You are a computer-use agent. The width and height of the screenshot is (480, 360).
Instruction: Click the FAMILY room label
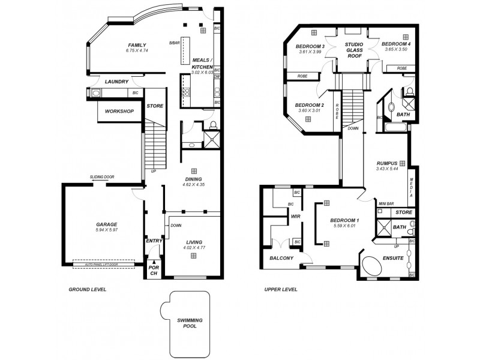pos(136,45)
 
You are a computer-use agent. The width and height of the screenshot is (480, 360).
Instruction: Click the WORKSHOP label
pos(119,112)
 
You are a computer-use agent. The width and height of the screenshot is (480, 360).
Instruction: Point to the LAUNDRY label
pos(117,82)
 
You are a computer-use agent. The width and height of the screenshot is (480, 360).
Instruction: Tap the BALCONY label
pos(281,258)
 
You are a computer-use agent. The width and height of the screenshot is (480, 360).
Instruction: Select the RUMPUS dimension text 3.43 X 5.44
pos(387,169)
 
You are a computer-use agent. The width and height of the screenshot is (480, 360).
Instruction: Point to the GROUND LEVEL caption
pos(87,289)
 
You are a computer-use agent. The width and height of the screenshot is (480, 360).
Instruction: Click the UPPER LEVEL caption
pos(281,289)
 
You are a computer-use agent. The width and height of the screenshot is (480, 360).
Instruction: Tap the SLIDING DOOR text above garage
pos(102,177)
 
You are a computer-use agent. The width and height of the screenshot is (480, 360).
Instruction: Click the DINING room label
pos(193,179)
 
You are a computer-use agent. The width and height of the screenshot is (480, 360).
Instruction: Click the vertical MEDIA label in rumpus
pos(411,188)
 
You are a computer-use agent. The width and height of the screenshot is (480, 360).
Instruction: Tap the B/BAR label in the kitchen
pos(175,43)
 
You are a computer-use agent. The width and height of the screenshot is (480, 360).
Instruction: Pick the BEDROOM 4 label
pos(396,44)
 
